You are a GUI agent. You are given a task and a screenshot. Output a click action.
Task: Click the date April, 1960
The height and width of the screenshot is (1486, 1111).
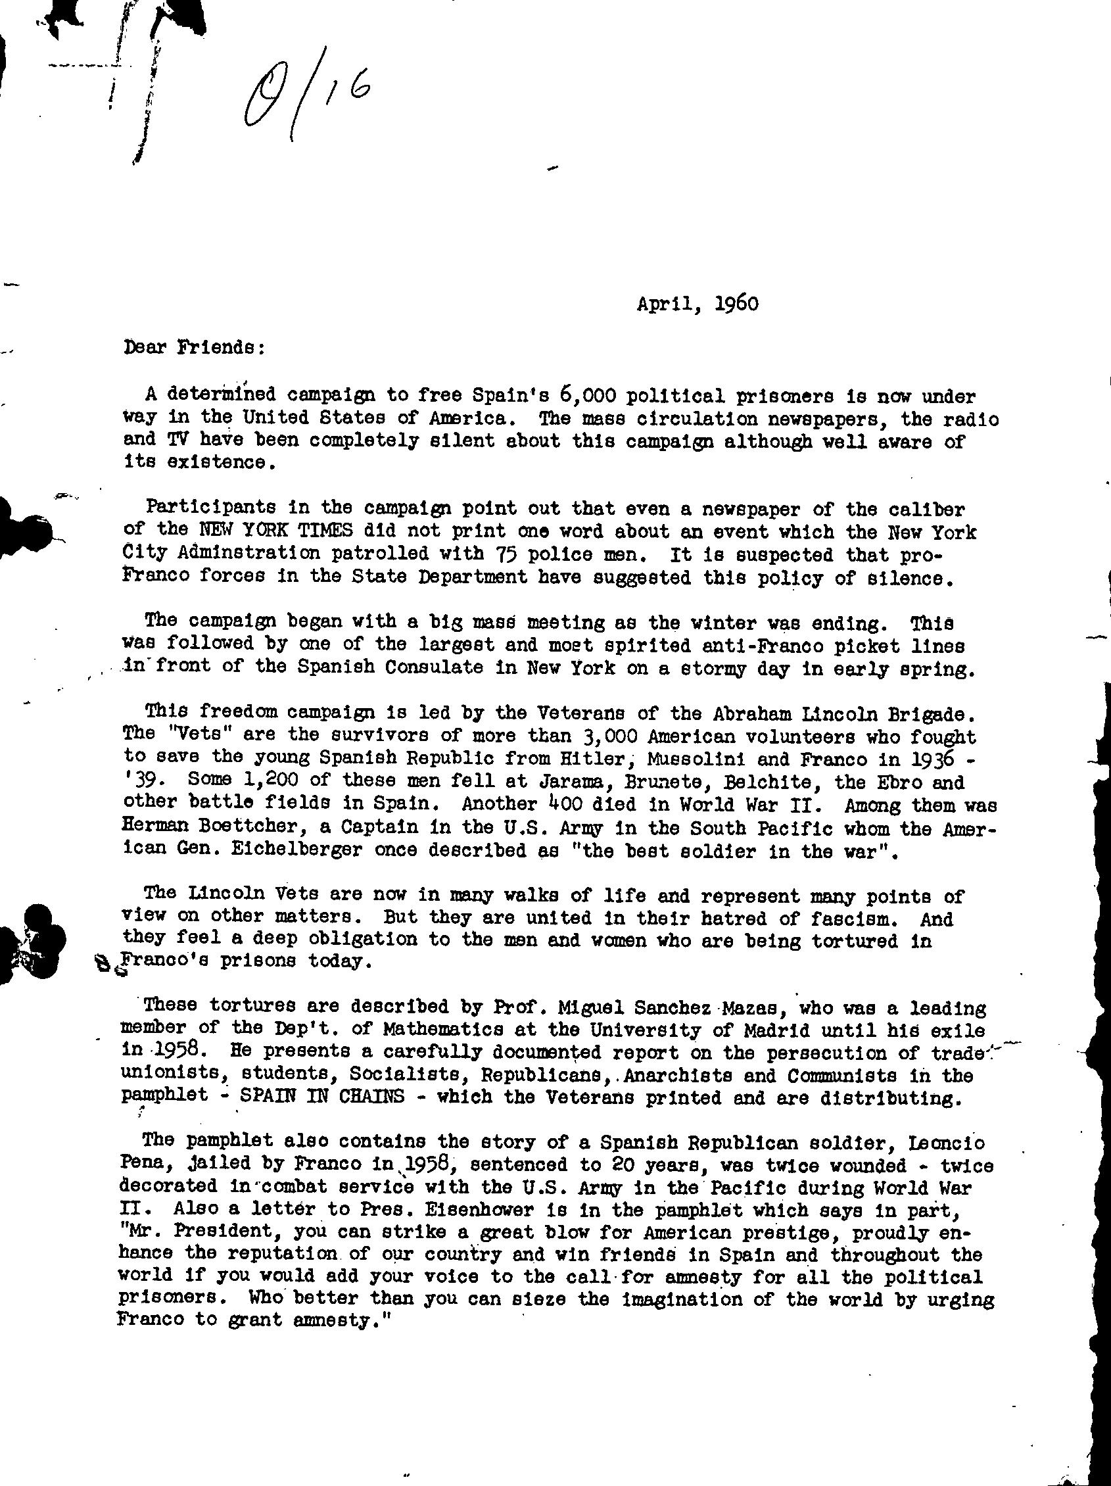click(x=697, y=304)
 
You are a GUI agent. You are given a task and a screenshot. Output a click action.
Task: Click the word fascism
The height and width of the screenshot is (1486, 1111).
click(x=849, y=918)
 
